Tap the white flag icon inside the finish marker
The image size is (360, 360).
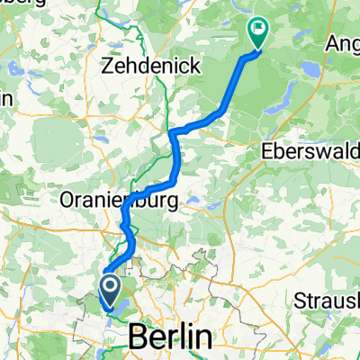[258, 29]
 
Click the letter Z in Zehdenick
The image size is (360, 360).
[110, 66]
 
